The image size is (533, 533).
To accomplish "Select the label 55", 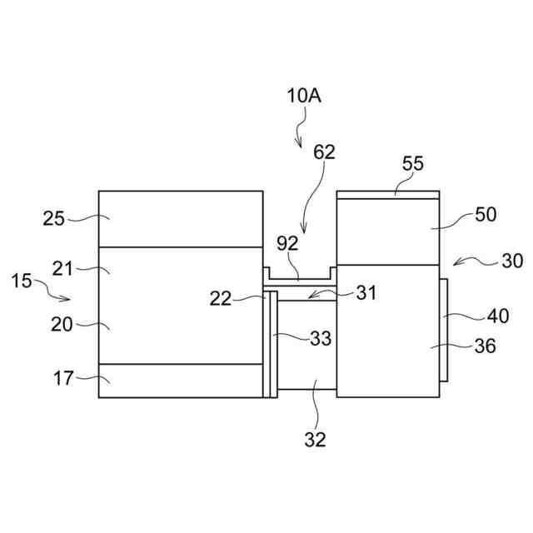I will click(x=413, y=163).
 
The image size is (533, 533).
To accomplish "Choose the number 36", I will click(x=485, y=346).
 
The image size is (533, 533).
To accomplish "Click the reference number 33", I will click(x=321, y=339).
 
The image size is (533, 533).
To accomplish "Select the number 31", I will click(x=366, y=293).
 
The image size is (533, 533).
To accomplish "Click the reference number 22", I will click(x=221, y=299).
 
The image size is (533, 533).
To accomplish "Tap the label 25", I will click(x=54, y=219).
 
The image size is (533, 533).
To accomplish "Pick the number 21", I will click(x=63, y=268).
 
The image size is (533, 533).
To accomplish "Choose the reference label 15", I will click(x=22, y=281).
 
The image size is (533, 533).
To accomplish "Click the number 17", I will click(x=63, y=379).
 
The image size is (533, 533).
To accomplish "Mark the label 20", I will click(x=62, y=325).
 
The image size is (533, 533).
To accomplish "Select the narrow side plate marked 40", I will click(x=442, y=330).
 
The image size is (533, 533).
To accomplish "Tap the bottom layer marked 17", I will click(x=181, y=381).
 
